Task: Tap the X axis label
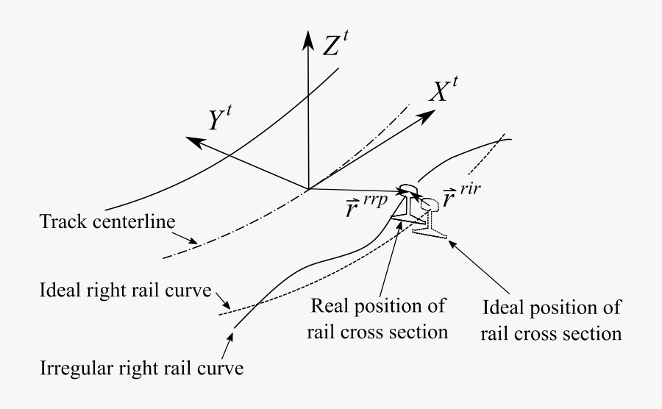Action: [444, 90]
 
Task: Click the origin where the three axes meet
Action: [309, 188]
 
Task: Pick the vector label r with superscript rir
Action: [461, 196]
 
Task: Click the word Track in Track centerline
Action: [64, 221]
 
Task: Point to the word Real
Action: [330, 305]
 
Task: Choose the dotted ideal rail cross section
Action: [430, 218]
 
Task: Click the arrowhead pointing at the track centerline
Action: [192, 241]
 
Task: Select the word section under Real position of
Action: [420, 332]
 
